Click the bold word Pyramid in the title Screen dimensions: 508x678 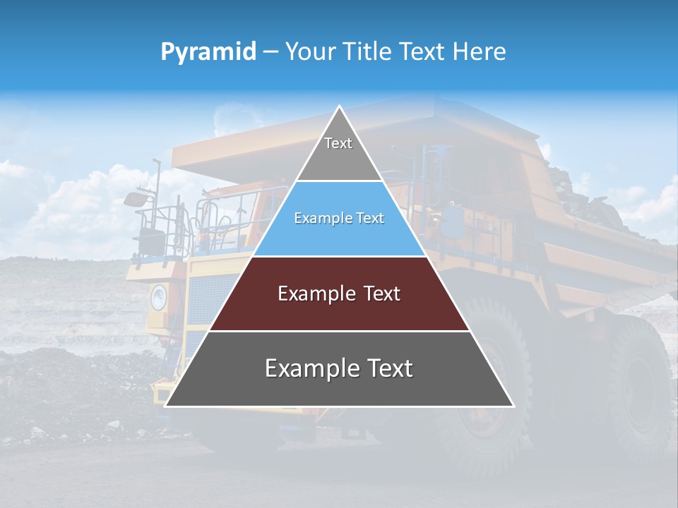point(208,52)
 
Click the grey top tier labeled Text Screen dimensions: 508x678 point(339,152)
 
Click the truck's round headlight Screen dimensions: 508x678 point(157,298)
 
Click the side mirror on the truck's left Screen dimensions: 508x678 point(134,199)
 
